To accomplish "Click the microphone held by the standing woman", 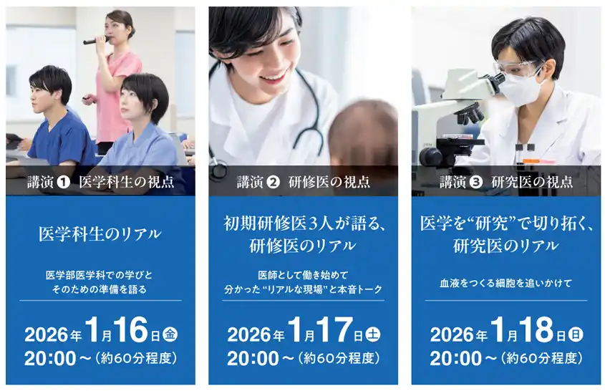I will (x=95, y=40).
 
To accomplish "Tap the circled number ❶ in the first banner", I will (x=64, y=182).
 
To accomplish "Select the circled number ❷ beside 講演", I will (x=272, y=182).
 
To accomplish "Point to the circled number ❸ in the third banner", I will (x=475, y=182).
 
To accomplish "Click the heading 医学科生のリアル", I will (x=100, y=233).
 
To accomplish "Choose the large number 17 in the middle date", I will (x=331, y=331).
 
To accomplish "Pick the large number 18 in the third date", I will (x=534, y=331).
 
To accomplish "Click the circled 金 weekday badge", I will (x=170, y=334).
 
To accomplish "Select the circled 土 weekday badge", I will (x=372, y=334).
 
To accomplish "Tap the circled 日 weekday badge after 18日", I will (x=575, y=334).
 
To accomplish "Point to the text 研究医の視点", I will (x=532, y=182).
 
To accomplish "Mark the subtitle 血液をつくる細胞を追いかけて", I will (x=505, y=284).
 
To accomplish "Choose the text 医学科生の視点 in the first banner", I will (x=126, y=182).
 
